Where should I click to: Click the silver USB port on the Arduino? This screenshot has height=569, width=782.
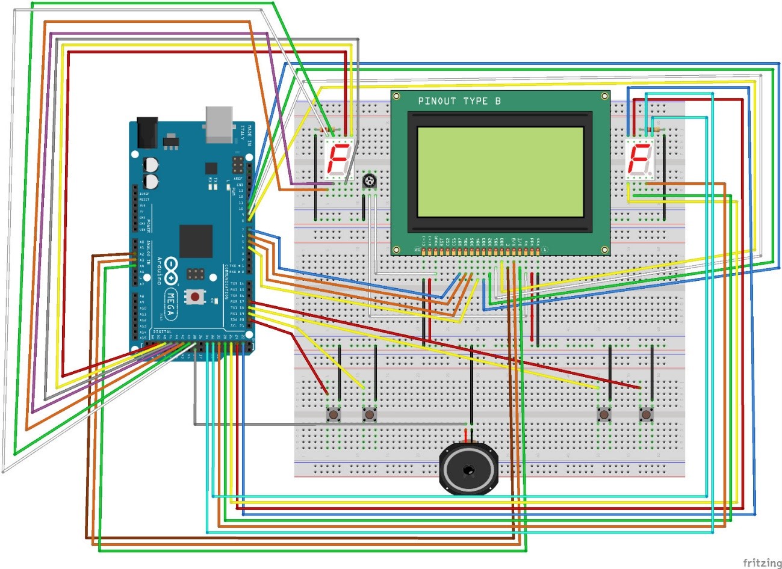point(219,125)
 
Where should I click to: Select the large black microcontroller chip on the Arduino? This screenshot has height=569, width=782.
point(196,241)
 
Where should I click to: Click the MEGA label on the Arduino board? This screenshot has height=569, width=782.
point(171,304)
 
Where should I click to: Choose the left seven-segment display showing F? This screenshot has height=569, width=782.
point(338,161)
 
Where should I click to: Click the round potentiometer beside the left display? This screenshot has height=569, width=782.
point(368,181)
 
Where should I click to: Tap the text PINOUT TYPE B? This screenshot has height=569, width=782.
point(459,101)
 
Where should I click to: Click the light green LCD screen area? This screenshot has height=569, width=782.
point(499,171)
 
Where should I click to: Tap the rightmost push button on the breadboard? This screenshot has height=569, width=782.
point(646,414)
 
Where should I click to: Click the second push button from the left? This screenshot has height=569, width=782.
point(368,414)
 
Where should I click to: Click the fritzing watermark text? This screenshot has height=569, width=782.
point(762,562)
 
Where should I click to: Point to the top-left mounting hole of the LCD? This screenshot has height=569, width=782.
point(396,96)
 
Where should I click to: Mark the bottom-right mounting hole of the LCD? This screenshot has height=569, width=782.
point(604,249)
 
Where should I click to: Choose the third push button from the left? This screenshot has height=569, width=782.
point(603,414)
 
